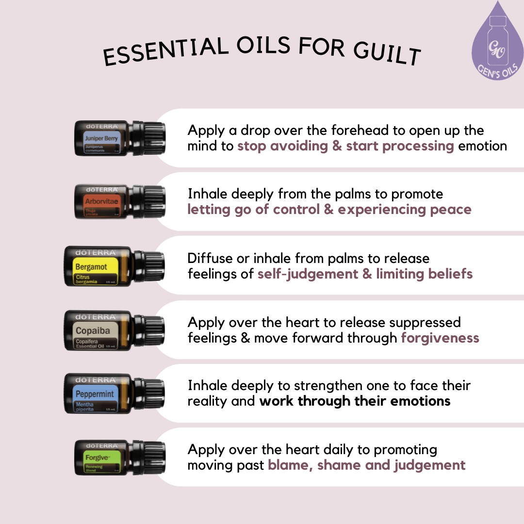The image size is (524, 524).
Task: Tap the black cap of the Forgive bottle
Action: coord(154,458)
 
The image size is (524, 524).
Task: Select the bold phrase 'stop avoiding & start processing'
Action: coord(345,146)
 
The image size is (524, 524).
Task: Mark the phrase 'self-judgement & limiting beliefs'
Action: coord(365,274)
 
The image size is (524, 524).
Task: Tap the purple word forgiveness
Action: coord(440,338)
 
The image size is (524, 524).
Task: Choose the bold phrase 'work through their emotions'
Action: coord(355,401)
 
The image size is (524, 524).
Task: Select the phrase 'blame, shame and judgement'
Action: coord(366,465)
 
